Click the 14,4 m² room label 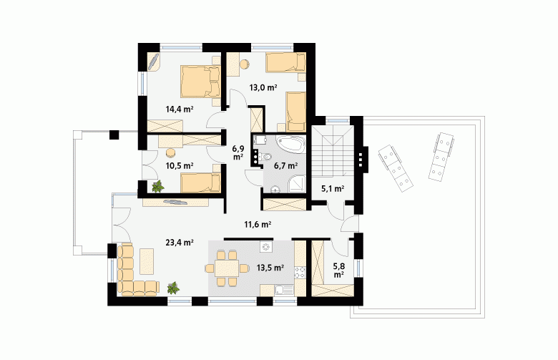(180, 109)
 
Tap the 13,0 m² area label (263, 87)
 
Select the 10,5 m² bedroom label (180, 165)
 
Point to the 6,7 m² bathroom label (285, 165)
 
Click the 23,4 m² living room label (180, 243)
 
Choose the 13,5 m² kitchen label (270, 268)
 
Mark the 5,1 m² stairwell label (333, 189)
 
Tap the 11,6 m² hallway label (258, 224)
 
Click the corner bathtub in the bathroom (290, 144)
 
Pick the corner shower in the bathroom (297, 183)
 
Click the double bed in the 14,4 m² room (200, 81)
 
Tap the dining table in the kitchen (227, 268)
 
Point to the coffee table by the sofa (147, 261)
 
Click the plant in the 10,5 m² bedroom (157, 186)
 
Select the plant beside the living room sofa (173, 288)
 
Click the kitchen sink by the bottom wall (283, 291)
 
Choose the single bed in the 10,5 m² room (200, 183)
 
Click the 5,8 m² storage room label (338, 270)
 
